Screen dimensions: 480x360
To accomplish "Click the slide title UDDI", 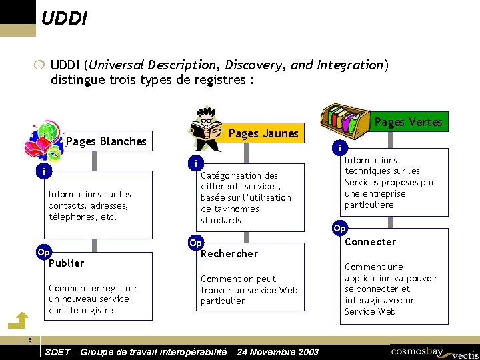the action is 64,17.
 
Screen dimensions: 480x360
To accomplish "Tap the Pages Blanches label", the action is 106,141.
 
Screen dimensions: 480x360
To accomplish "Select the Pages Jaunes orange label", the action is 263,133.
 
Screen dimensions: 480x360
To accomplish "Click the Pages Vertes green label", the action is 408,121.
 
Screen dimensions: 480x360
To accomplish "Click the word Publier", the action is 67,263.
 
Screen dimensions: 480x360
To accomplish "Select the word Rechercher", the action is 229,253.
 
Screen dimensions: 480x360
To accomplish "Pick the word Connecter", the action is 370,242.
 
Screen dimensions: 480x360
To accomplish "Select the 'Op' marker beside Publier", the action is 43,253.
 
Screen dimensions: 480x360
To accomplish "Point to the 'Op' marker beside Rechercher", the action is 195,243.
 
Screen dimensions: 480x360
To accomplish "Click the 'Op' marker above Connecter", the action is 339,228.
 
